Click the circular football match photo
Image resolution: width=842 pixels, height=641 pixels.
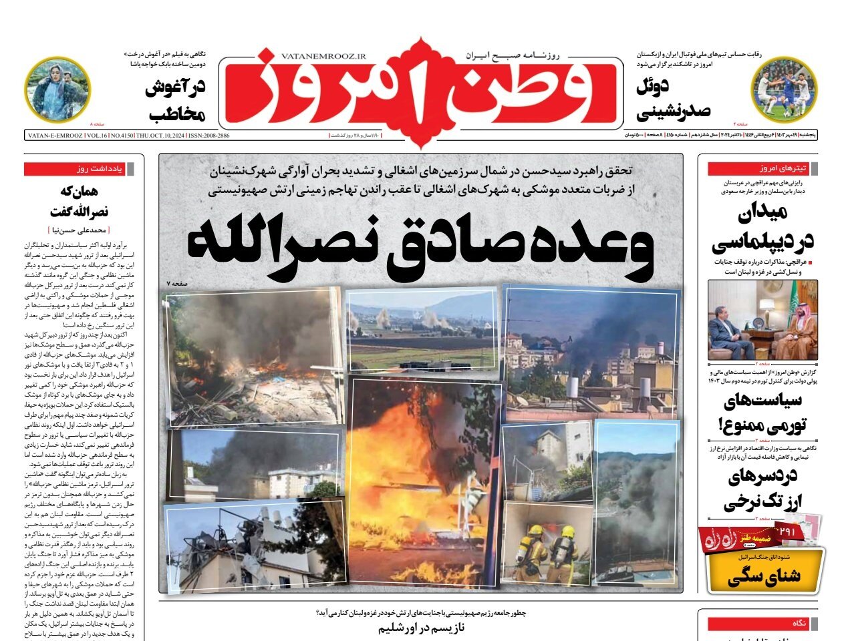click(x=784, y=88)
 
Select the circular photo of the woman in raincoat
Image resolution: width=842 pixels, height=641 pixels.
click(x=57, y=88)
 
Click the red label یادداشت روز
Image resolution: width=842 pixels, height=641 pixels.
click(x=84, y=169)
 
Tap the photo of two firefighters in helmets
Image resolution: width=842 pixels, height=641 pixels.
click(x=546, y=544)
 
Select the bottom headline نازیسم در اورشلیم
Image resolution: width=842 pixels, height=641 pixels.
click(x=421, y=628)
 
